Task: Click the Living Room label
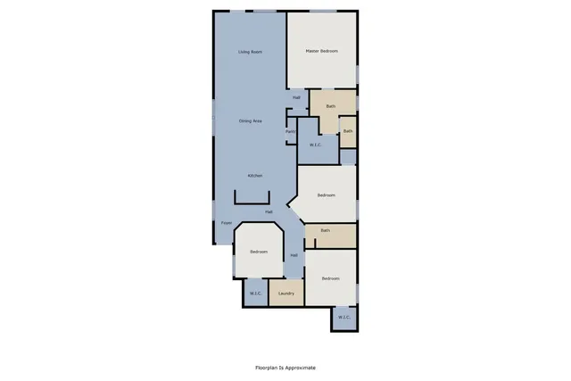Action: [x=250, y=52]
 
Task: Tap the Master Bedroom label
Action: [x=322, y=52]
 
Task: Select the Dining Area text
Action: [x=250, y=121]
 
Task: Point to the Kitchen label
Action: [x=255, y=176]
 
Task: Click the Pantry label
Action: [x=291, y=132]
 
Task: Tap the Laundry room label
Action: [x=286, y=294]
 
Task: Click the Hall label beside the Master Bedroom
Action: [x=296, y=97]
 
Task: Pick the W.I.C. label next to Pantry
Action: [x=316, y=145]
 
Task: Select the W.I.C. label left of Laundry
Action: [x=255, y=294]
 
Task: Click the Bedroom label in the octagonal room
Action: [x=259, y=252]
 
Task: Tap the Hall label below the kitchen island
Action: [x=269, y=211]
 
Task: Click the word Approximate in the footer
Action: [x=298, y=368]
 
